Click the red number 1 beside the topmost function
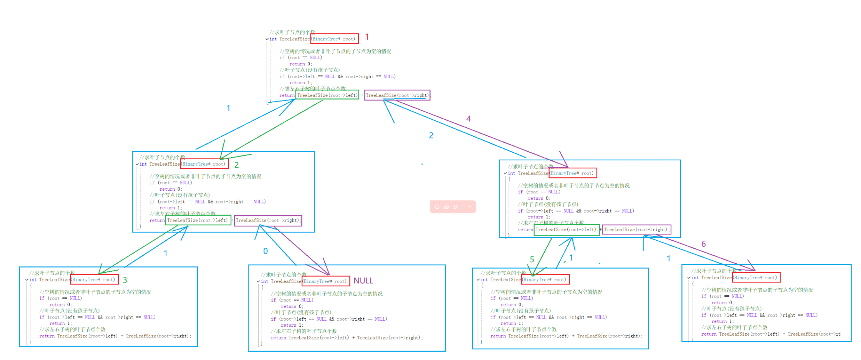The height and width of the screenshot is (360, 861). pos(367,37)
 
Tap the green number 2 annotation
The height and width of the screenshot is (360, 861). pos(237,165)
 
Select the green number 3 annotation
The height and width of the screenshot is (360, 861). pos(125,280)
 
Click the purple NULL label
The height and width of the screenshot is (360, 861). pos(363,281)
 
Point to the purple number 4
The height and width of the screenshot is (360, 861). pos(468,119)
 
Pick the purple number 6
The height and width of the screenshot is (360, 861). pos(703,244)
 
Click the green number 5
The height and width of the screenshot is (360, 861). pos(532,259)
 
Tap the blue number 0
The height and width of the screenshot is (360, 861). pos(266,251)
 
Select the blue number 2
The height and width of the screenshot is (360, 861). pos(431,135)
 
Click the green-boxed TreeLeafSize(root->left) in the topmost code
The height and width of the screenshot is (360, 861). pos(327,95)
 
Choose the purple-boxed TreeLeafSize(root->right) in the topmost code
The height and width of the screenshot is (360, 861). pos(397,95)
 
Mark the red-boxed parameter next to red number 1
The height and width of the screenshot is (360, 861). pos(334,39)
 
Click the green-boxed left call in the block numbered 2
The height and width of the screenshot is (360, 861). pos(198,220)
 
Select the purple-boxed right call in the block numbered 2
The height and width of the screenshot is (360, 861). pos(268,220)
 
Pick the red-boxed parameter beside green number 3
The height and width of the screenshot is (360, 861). pos(94,279)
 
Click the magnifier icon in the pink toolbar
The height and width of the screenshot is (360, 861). pos(437,207)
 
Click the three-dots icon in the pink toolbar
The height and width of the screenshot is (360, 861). pos(469,207)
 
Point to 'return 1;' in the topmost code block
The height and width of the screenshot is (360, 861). pos(301,83)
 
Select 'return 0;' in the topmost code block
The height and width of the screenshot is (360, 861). pos(301,64)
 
